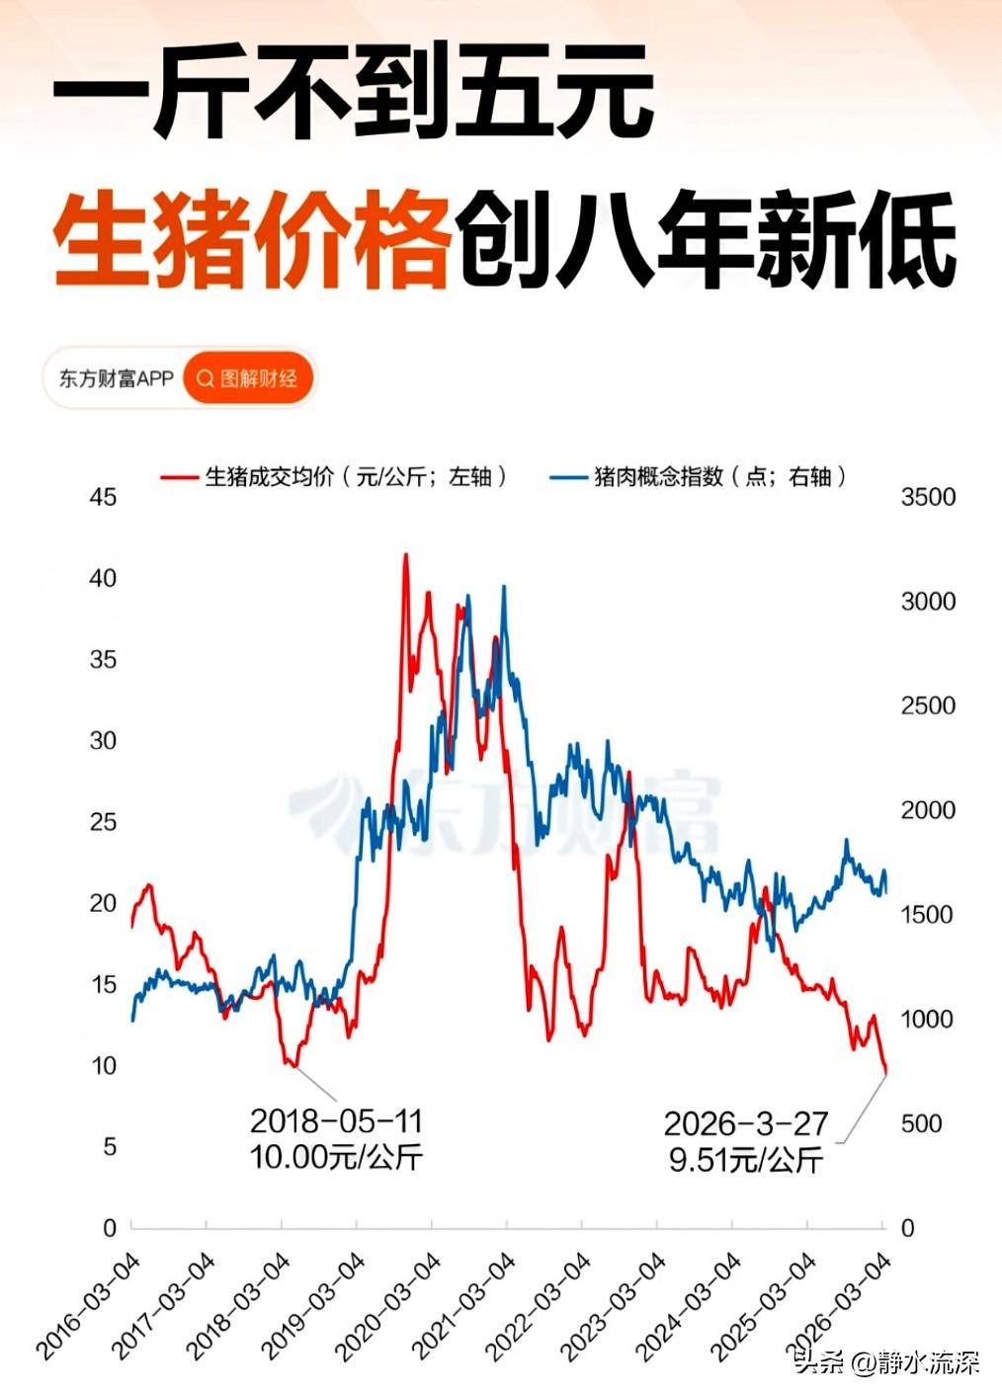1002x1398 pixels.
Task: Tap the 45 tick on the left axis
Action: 103,497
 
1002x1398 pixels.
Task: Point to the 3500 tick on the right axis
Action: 928,497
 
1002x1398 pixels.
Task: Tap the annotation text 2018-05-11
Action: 336,1121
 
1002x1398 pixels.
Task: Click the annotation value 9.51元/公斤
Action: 745,1159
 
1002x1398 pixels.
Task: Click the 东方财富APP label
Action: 116,378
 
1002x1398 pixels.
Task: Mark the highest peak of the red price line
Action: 405,555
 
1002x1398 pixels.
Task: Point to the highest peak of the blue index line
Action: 504,587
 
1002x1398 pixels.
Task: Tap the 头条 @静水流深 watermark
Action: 886,1364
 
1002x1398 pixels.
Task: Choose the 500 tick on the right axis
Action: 921,1123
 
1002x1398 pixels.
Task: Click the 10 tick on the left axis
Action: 103,1065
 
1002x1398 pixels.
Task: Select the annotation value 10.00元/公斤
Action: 336,1156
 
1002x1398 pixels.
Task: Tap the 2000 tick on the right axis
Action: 928,810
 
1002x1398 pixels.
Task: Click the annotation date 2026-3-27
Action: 745,1124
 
